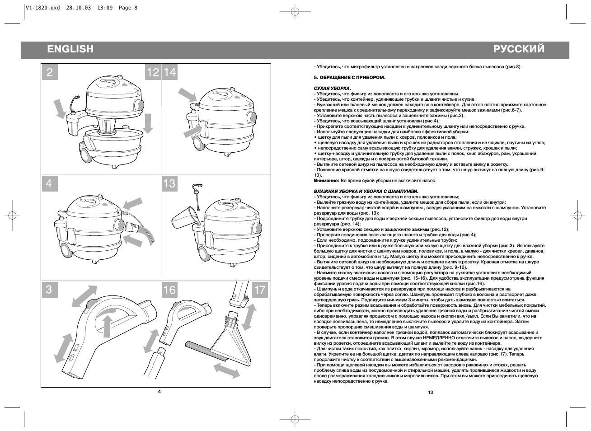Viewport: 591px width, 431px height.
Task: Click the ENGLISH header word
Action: click(x=70, y=49)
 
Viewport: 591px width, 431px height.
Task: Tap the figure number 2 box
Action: click(x=50, y=72)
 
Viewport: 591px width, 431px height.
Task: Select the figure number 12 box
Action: click(x=153, y=72)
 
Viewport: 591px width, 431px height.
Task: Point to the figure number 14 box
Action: click(x=170, y=72)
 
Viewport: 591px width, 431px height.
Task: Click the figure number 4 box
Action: click(x=50, y=183)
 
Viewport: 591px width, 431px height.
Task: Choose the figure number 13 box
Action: click(x=169, y=183)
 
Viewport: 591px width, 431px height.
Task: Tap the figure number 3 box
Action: click(x=50, y=290)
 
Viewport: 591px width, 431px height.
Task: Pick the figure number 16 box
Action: click(x=169, y=290)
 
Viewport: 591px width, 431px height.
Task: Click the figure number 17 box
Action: click(x=260, y=290)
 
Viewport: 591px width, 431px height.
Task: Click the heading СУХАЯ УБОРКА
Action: click(x=332, y=88)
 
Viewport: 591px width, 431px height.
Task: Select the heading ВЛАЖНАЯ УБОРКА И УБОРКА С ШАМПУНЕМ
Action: click(x=366, y=191)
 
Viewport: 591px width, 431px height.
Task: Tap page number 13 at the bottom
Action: click(x=430, y=392)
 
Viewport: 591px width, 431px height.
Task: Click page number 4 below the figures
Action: click(x=159, y=391)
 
